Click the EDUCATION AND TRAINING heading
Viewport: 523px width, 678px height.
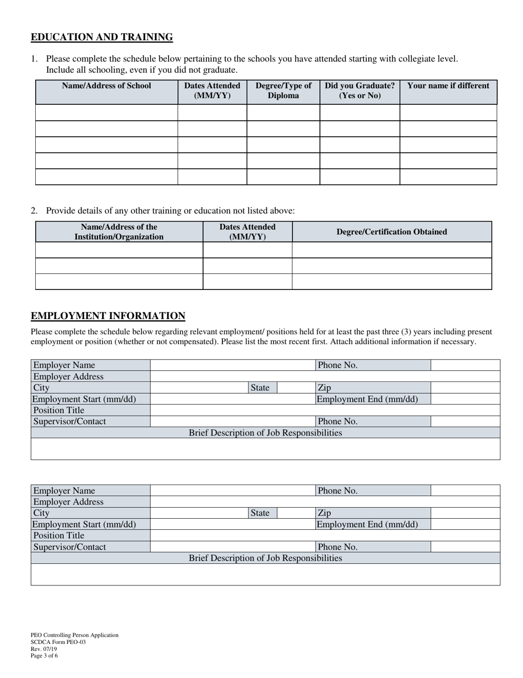point(102,37)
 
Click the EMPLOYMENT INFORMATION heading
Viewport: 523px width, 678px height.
point(108,316)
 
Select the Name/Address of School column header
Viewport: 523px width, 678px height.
point(106,86)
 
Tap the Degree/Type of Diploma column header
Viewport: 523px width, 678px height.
point(283,90)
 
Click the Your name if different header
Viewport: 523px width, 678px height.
point(448,86)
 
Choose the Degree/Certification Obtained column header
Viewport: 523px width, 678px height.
point(391,232)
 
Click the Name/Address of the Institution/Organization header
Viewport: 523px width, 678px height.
point(119,232)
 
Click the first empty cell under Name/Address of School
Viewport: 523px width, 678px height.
point(106,112)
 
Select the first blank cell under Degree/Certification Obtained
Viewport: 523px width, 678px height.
point(391,250)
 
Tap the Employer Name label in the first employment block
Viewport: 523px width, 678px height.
point(64,365)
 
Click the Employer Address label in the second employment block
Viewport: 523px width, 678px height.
point(68,502)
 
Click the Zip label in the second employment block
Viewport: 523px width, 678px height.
point(324,513)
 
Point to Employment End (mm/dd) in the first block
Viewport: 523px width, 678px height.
point(367,399)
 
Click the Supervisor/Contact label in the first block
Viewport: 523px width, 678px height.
point(69,421)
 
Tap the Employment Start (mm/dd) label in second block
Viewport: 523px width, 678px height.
point(84,524)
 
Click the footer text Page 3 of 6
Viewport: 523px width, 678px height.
point(44,655)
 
